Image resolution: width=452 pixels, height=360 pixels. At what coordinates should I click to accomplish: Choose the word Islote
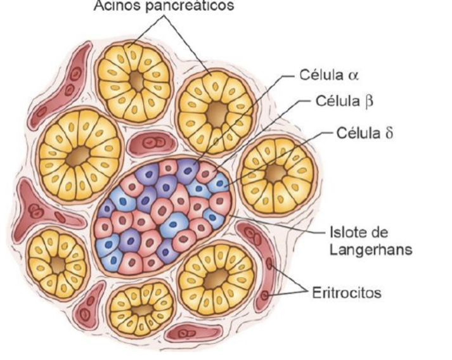[x=347, y=233]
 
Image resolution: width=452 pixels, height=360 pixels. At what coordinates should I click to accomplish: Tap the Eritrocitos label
[x=346, y=294]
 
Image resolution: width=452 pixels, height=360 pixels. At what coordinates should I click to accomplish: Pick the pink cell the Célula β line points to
[x=207, y=173]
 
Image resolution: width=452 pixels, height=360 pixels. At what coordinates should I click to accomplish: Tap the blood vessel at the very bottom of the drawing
[x=190, y=331]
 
